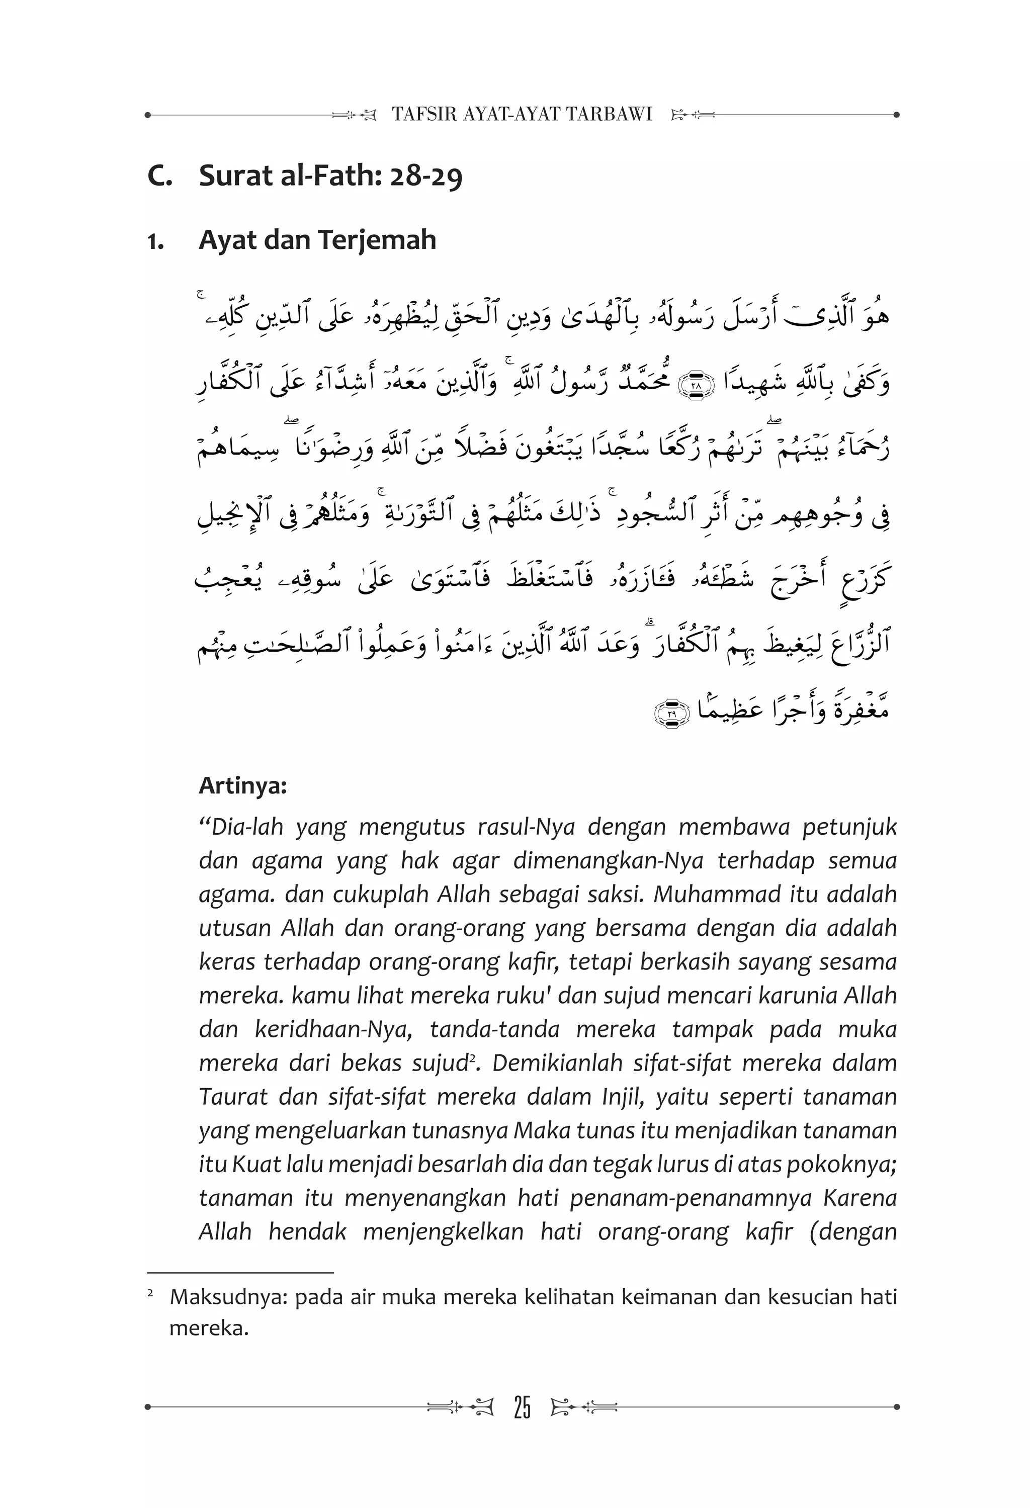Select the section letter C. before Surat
click(x=159, y=176)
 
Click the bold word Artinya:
click(x=243, y=786)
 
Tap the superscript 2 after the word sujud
click(x=472, y=1059)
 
